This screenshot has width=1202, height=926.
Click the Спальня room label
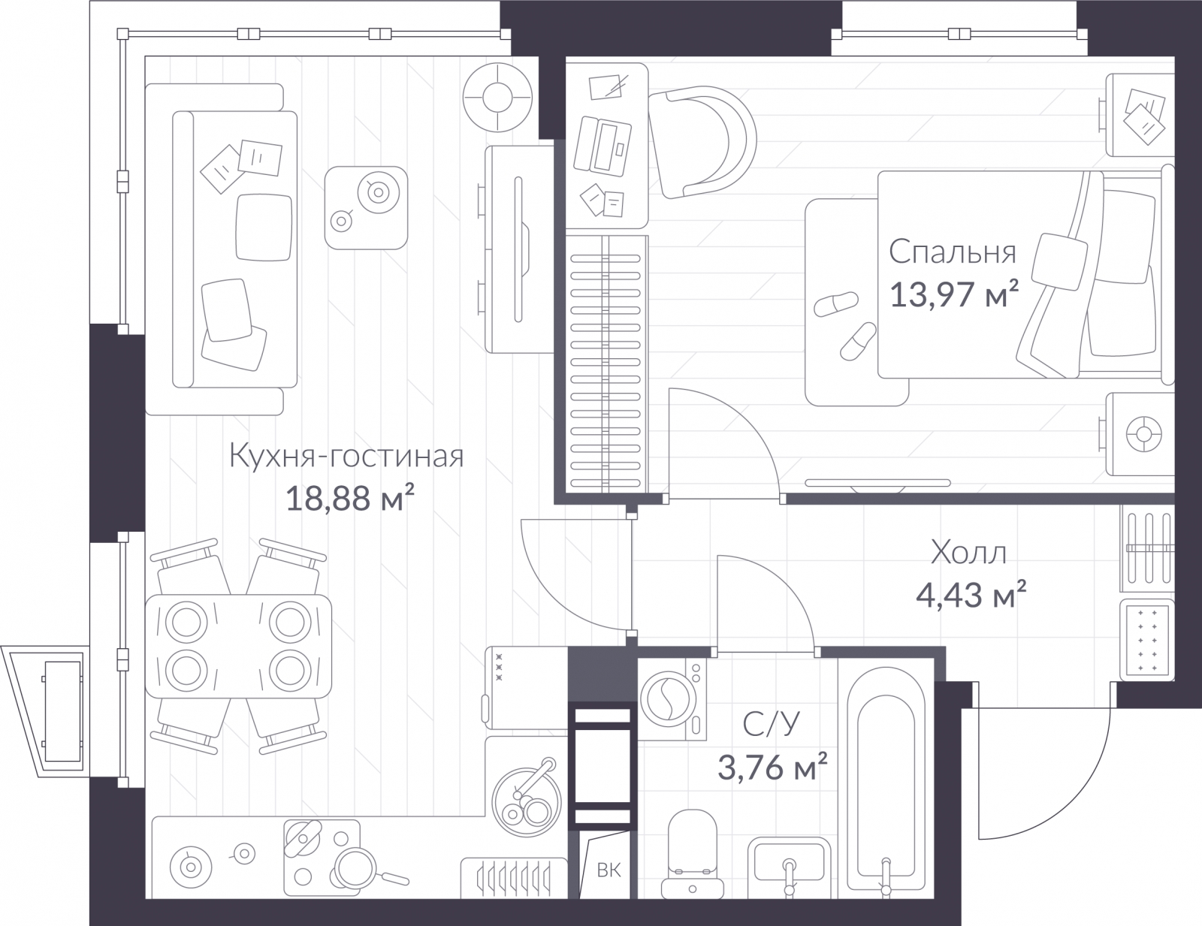click(953, 252)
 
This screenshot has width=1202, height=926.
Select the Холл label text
click(968, 552)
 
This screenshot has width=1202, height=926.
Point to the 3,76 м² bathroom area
click(772, 767)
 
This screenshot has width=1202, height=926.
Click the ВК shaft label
click(609, 870)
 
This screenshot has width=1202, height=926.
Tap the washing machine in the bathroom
click(672, 698)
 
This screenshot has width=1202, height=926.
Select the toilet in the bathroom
click(693, 854)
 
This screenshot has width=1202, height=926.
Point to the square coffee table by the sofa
click(366, 208)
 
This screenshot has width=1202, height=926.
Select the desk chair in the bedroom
click(702, 141)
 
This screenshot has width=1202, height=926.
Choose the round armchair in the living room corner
click(498, 98)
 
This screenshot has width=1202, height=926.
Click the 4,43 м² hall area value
click(971, 595)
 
